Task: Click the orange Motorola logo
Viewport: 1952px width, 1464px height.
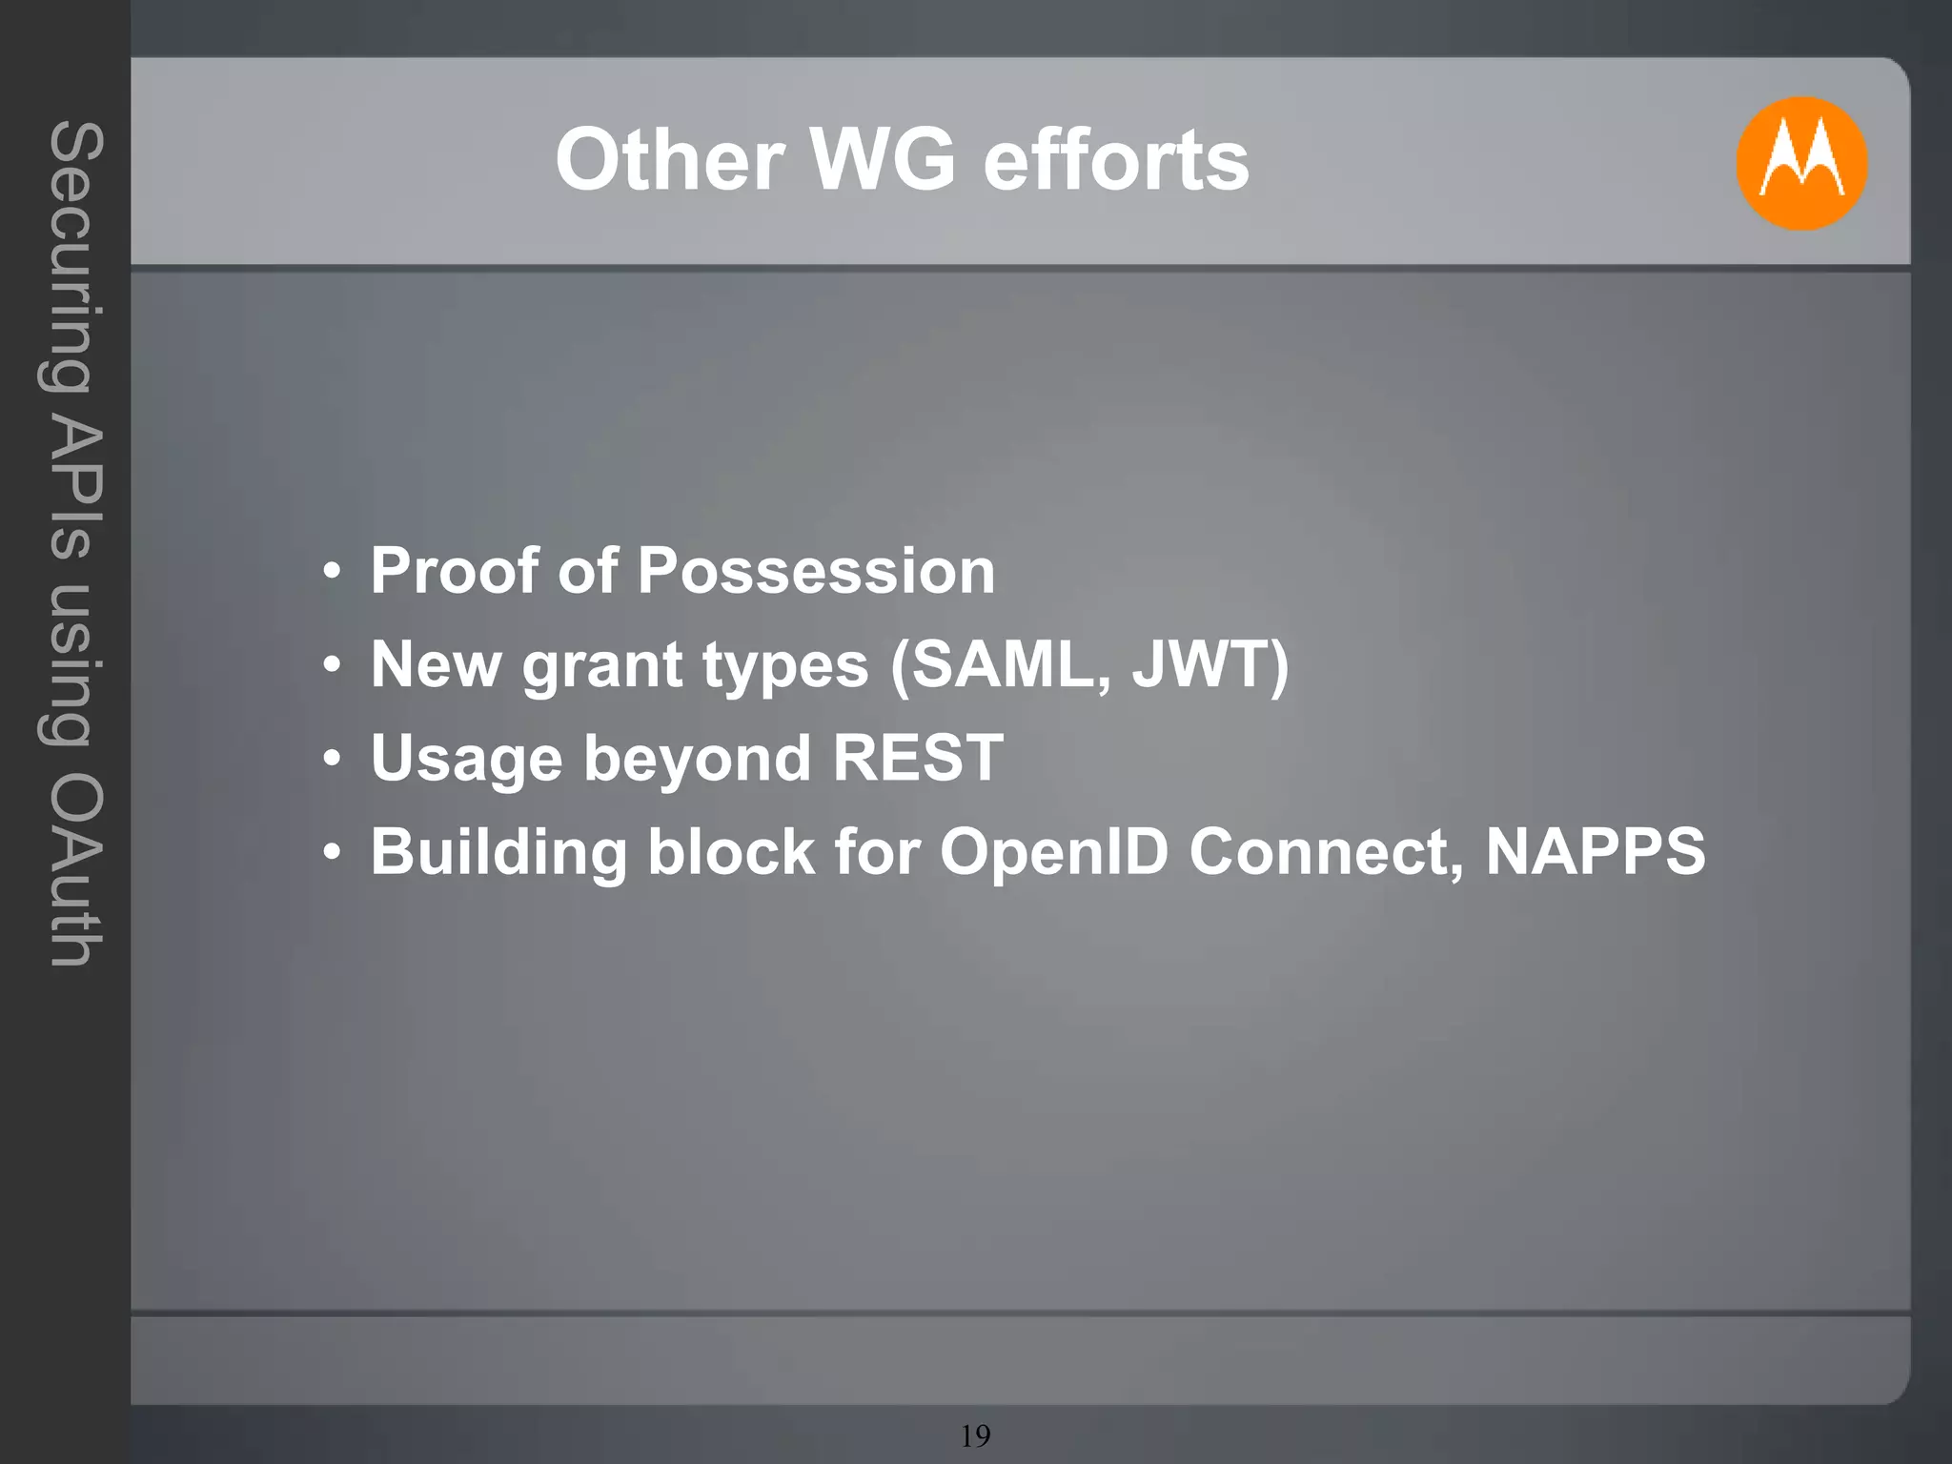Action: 1800,163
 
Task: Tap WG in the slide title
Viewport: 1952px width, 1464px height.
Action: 882,160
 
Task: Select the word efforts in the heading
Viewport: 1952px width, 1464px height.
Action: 1115,160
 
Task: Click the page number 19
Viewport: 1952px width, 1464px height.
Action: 975,1435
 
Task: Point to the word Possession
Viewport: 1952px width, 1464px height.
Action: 816,571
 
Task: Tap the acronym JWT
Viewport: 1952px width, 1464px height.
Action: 1201,664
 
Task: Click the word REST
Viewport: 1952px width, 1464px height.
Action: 918,758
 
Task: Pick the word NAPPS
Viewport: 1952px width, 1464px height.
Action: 1596,851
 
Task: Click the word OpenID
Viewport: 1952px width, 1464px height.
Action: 1054,851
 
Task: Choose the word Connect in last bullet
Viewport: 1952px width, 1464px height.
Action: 1325,851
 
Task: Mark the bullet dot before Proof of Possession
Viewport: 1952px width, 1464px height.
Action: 331,573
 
